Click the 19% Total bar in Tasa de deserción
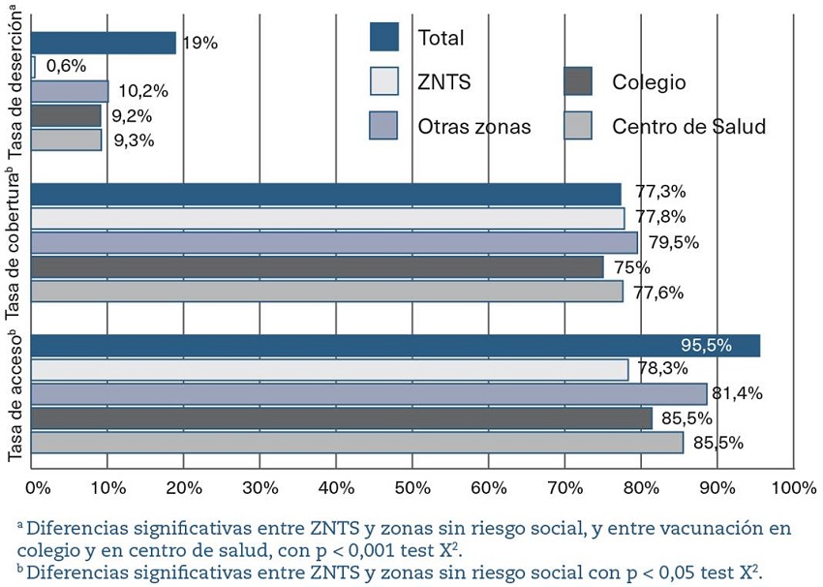[x=104, y=43]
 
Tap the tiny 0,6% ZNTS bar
[x=34, y=67]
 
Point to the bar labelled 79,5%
[x=334, y=242]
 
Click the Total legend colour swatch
[x=384, y=38]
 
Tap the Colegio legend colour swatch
[x=578, y=82]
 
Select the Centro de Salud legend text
[x=688, y=126]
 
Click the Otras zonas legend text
[x=474, y=126]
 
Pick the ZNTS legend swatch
[x=384, y=82]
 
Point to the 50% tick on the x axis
[x=412, y=485]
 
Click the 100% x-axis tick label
[x=792, y=485]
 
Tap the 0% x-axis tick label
[x=37, y=485]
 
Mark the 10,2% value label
[x=143, y=92]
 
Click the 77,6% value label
[x=658, y=292]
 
